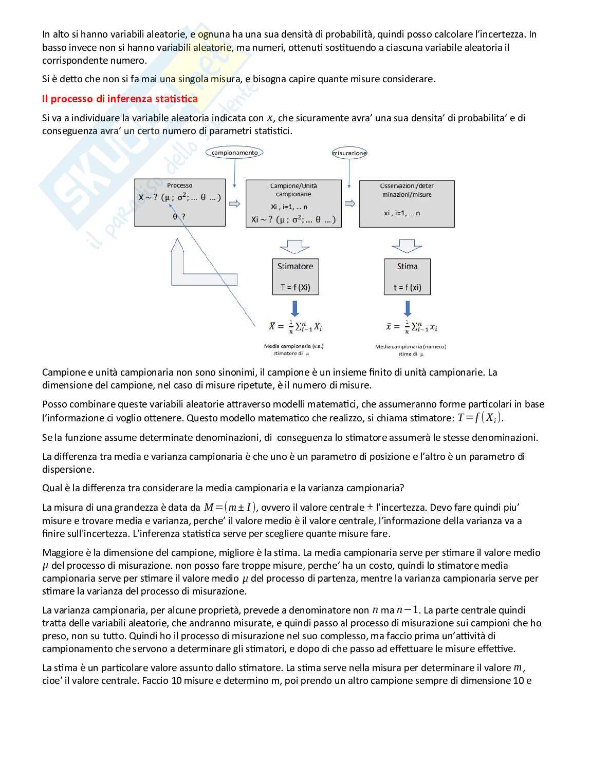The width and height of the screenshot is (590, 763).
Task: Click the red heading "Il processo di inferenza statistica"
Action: click(x=120, y=99)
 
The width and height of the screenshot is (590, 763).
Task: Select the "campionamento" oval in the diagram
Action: click(x=235, y=153)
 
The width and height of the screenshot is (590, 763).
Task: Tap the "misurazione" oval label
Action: click(x=349, y=153)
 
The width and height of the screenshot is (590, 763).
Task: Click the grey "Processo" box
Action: click(x=180, y=202)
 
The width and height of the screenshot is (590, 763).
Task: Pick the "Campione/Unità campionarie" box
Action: click(x=293, y=203)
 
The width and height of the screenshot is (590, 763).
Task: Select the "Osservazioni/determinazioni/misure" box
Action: click(x=407, y=203)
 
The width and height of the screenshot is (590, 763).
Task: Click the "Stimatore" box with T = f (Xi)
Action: click(x=295, y=276)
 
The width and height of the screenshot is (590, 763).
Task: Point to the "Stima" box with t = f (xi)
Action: click(x=407, y=276)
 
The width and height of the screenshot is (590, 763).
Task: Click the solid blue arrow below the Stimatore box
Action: click(x=295, y=308)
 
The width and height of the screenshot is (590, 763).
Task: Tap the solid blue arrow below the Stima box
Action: click(x=408, y=308)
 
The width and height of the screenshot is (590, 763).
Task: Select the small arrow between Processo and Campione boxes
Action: click(x=235, y=204)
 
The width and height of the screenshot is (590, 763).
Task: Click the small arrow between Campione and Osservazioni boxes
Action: click(x=350, y=203)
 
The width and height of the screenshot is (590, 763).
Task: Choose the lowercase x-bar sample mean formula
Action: click(x=411, y=327)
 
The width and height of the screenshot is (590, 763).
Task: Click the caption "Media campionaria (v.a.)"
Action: click(x=293, y=346)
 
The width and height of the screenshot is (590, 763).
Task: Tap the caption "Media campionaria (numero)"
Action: click(x=410, y=347)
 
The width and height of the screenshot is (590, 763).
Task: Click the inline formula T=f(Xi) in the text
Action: click(x=480, y=418)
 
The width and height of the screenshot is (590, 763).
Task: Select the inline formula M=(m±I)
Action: click(x=230, y=508)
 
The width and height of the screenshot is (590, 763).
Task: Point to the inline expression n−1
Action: click(x=408, y=610)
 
